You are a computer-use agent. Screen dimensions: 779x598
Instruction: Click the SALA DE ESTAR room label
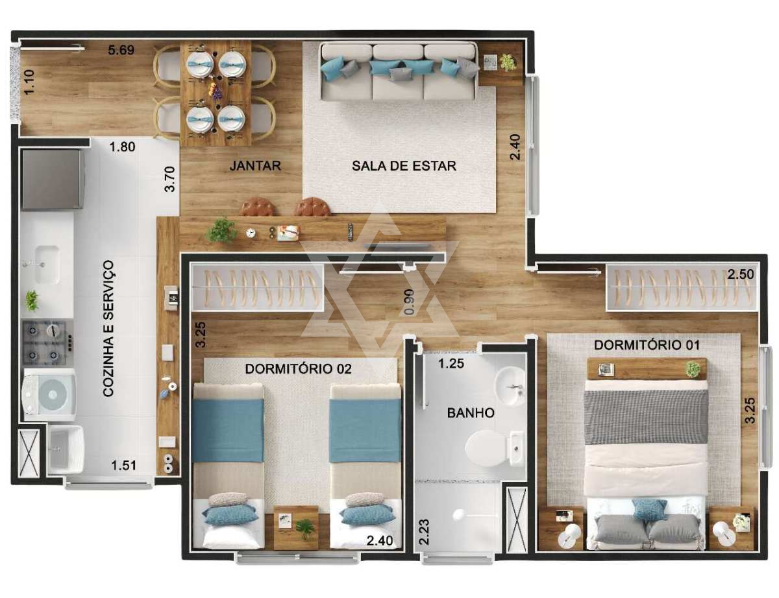404,166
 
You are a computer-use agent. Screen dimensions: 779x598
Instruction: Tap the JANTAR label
255,166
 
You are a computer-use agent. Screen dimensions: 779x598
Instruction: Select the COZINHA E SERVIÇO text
108,328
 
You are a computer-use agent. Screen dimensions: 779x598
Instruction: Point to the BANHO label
471,413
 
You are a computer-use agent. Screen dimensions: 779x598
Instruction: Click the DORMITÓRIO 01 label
647,345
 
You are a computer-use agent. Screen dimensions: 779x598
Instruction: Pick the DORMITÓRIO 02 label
298,369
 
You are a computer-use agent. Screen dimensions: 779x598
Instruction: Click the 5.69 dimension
121,50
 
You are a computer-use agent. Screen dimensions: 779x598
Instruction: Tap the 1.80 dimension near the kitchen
122,147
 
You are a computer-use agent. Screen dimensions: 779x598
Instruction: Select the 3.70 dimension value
169,179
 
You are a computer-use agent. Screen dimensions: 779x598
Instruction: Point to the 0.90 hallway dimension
410,302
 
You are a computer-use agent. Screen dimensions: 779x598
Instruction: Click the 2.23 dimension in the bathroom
424,532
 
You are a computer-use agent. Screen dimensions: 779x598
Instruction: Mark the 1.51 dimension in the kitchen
124,466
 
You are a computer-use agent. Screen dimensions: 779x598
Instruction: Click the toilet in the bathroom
492,448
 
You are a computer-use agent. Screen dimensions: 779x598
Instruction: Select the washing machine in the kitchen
50,394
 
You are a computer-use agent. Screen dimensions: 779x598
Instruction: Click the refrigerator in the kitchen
53,179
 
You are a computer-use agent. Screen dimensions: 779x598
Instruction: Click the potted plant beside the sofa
507,62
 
